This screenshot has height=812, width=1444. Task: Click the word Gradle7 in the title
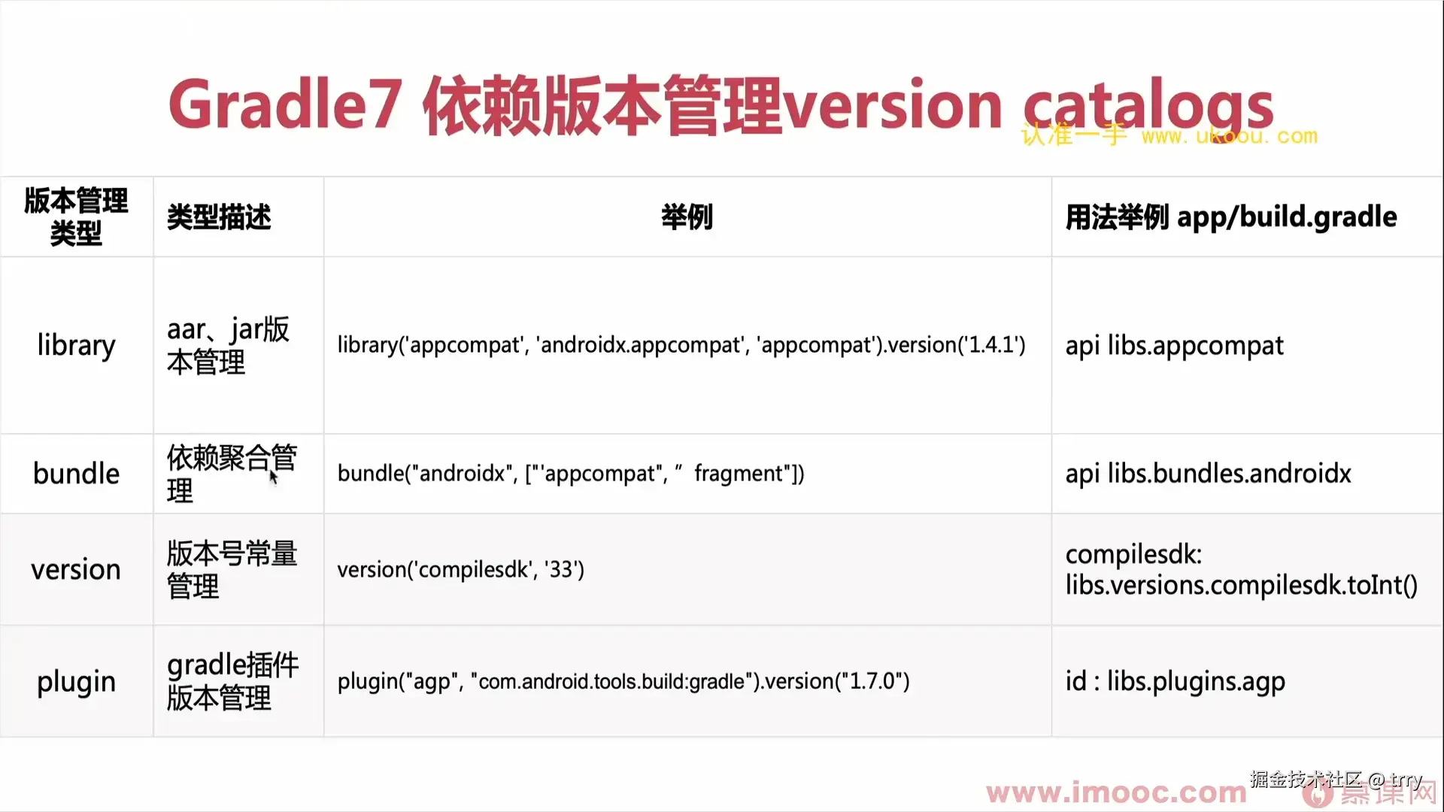point(284,104)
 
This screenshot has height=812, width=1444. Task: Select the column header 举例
point(687,217)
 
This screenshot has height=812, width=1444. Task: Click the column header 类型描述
point(219,217)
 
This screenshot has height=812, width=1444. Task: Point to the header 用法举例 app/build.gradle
point(1231,217)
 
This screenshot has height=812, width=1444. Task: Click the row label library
point(77,345)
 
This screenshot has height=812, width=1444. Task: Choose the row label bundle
point(77,474)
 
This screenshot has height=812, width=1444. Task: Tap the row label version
point(76,570)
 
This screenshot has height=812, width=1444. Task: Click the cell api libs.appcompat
point(1174,346)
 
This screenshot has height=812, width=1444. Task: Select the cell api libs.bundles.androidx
point(1208,474)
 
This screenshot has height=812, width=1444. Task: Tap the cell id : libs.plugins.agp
point(1175,682)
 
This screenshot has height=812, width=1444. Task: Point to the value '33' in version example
point(560,569)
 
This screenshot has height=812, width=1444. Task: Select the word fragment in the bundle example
point(739,474)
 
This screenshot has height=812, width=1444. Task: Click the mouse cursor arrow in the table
point(274,477)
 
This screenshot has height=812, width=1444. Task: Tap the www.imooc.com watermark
point(1116,792)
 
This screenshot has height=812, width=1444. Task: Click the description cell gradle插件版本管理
point(232,681)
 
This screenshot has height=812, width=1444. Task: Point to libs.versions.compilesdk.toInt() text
point(1241,585)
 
